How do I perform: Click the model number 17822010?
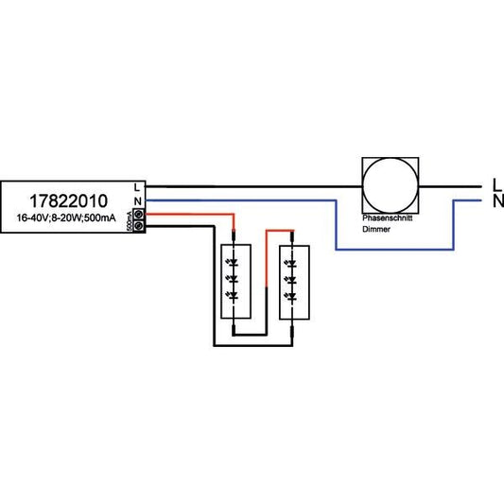point(68,201)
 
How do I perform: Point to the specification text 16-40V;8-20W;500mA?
point(66,217)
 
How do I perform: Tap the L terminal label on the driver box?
point(137,187)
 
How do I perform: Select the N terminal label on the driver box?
point(138,201)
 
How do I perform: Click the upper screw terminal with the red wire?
point(139,214)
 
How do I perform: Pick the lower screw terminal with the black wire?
point(139,226)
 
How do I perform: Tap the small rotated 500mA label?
point(130,221)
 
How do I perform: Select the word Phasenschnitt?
point(388,217)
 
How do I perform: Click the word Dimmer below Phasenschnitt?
point(376,229)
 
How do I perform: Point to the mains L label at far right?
point(497,184)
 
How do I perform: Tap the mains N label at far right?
point(498,201)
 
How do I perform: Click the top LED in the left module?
point(234,263)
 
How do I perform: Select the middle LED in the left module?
point(234,279)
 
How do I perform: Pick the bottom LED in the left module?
point(234,295)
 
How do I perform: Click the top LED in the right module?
point(291,264)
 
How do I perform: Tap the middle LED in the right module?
point(291,280)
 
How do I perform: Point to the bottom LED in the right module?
point(291,296)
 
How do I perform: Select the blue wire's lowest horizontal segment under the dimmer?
point(394,249)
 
